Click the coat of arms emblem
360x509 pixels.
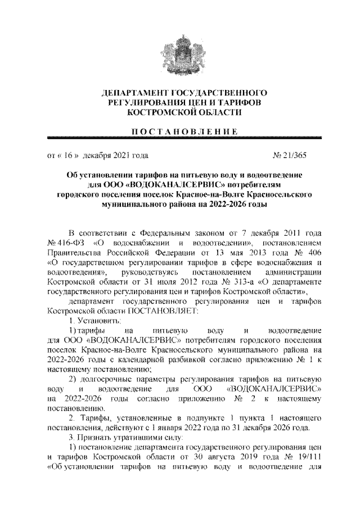pos(180,52)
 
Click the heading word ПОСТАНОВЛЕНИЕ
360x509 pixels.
pos(179,132)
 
